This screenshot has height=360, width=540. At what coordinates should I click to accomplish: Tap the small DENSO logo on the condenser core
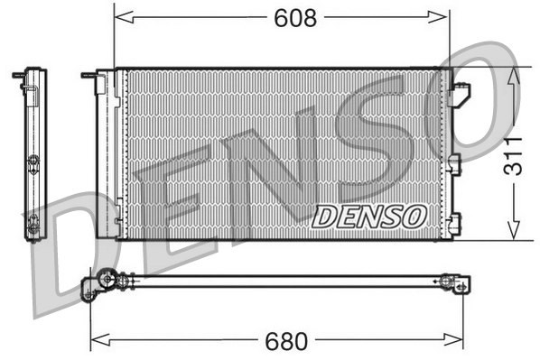pyautogui.click(x=369, y=217)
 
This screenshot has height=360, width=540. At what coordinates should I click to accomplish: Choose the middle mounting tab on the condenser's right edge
pyautogui.click(x=454, y=163)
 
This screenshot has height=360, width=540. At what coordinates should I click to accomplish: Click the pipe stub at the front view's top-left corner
pyautogui.click(x=88, y=77)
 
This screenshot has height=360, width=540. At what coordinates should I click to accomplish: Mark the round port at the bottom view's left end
pyautogui.click(x=107, y=281)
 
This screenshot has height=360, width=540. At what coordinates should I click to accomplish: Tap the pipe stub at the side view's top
pyautogui.click(x=18, y=75)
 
